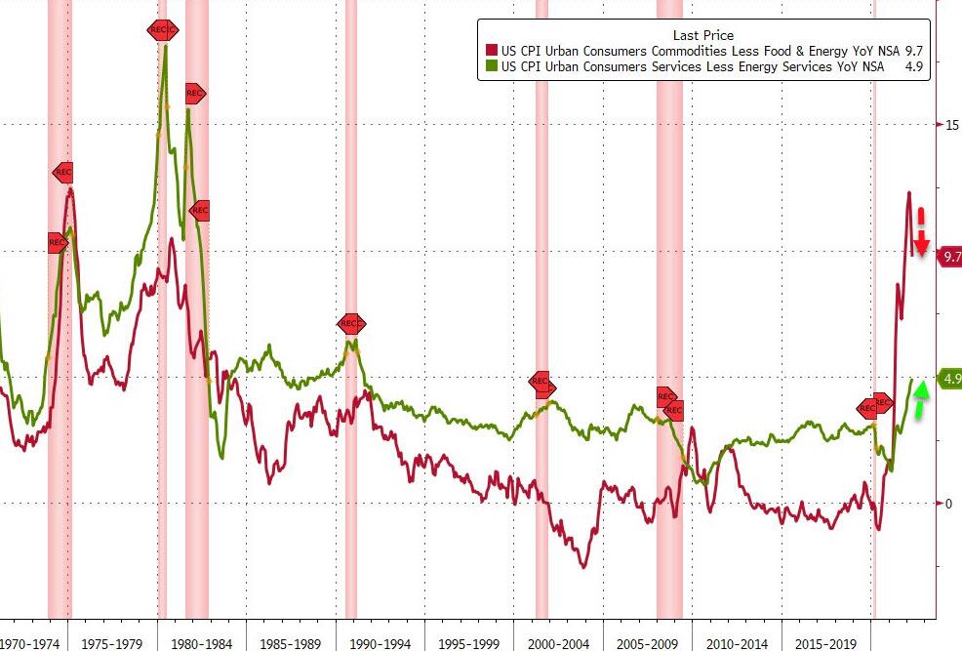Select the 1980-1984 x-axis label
pos(203,643)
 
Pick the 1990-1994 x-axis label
pos(381,643)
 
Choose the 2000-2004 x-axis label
pos(559,643)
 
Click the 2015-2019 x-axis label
pos(826,643)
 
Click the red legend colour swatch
pos(492,51)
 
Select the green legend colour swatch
pos(492,66)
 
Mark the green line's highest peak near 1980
pos(165,46)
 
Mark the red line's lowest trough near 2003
pos(583,567)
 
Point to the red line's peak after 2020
pos(909,193)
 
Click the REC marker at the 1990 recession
pos(351,324)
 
